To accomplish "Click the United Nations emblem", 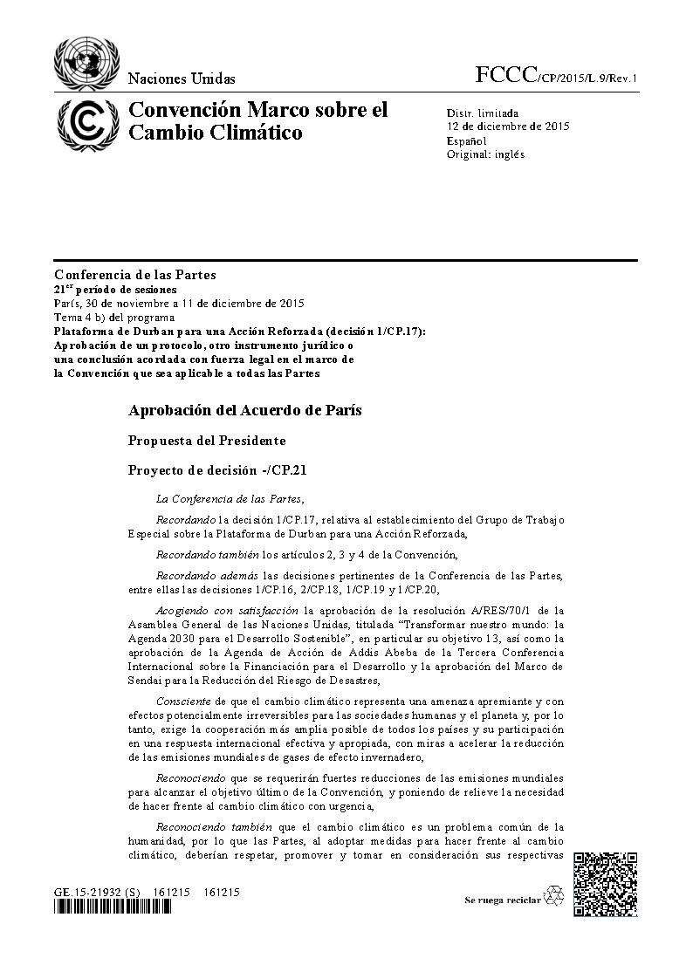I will click(85, 61).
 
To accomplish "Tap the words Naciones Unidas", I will click(182, 79).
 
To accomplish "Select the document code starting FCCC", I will click(556, 77).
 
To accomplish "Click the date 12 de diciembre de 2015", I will click(508, 127).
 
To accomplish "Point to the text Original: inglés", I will click(485, 154).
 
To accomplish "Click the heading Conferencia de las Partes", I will click(134, 275).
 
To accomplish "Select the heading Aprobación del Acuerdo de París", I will click(244, 409).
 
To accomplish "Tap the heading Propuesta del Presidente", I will click(207, 441).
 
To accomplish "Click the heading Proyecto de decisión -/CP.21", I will click(217, 469).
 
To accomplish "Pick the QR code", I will click(605, 884).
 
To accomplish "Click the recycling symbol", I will click(554, 895).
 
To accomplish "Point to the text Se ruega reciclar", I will click(502, 900).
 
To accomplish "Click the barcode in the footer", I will click(113, 907).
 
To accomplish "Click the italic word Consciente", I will click(181, 701).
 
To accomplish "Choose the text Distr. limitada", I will click(483, 113).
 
